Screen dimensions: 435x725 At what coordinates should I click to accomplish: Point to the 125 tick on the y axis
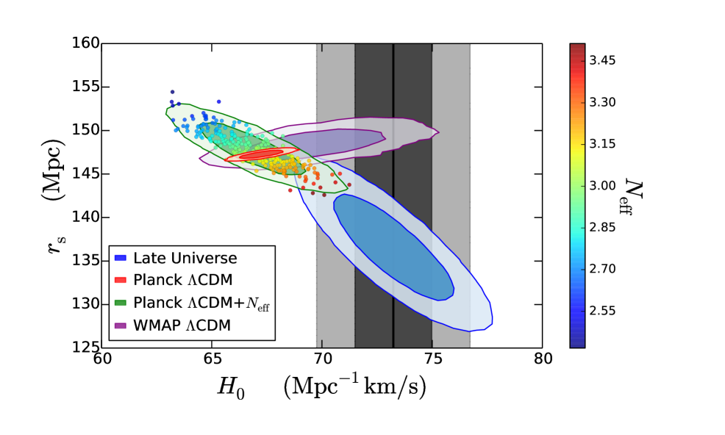tap(101, 347)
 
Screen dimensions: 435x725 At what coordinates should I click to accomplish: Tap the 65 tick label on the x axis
tap(212, 361)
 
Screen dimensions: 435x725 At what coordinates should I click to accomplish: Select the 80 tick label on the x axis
tap(543, 361)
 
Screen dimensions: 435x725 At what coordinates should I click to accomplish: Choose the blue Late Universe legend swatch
tap(122, 258)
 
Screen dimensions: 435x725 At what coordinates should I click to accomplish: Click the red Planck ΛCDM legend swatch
tap(122, 280)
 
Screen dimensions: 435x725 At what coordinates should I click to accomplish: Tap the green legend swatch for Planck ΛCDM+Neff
tap(122, 302)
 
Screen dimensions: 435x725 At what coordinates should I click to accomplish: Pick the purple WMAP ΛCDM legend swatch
tap(122, 324)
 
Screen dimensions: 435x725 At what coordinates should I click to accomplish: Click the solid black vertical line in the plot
tap(393, 220)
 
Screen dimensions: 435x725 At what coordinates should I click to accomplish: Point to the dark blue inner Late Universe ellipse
tap(393, 246)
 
